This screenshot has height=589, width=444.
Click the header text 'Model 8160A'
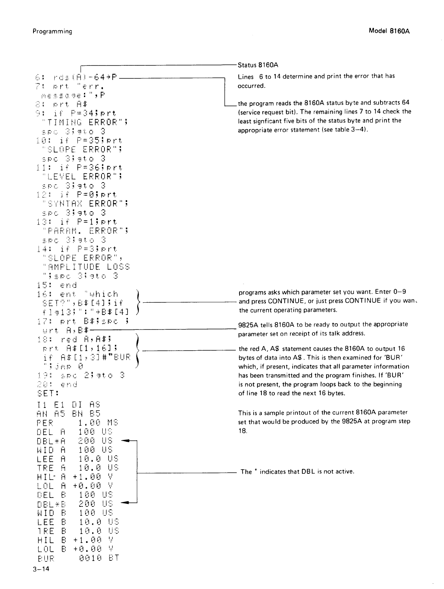(389, 31)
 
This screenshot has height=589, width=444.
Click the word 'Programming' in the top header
(52, 31)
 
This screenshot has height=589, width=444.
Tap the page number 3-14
(41, 569)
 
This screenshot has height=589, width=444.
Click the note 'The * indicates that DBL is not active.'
(297, 472)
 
